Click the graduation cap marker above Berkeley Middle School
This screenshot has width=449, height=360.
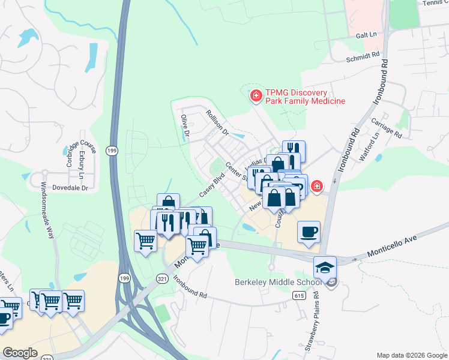[325, 267]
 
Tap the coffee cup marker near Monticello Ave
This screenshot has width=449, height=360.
[309, 232]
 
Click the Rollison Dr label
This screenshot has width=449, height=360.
[217, 121]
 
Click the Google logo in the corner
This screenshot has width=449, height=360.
[20, 353]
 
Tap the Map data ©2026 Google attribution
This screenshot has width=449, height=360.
[411, 355]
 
